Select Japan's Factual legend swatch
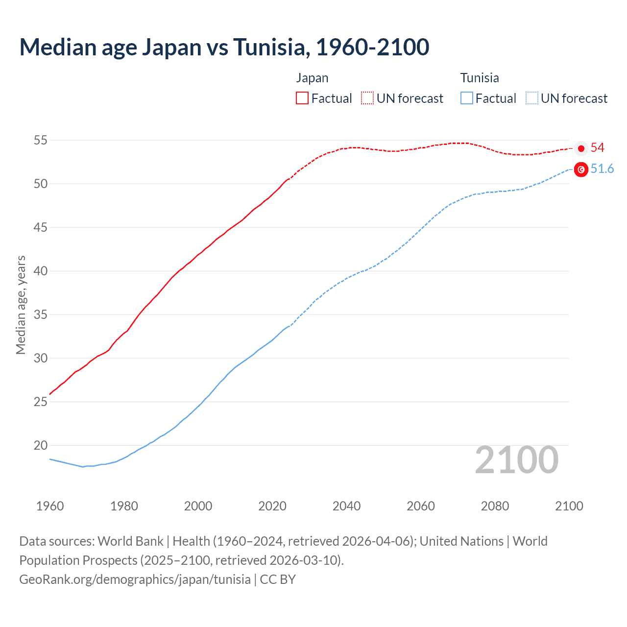point(302,98)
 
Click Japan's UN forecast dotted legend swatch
point(367,98)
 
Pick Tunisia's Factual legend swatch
point(466,98)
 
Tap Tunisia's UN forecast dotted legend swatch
point(531,98)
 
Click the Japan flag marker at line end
point(581,148)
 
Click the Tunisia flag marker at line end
point(581,169)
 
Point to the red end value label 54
point(597,148)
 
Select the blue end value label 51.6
point(602,169)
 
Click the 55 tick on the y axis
point(40,141)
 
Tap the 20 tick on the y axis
point(40,446)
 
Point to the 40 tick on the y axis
point(40,271)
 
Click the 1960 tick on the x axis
point(50,506)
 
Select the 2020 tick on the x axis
point(272,506)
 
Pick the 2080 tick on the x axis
point(495,506)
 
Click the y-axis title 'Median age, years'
point(21,305)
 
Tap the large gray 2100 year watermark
point(516,460)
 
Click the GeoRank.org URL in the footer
point(135,579)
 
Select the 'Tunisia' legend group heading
point(480,78)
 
